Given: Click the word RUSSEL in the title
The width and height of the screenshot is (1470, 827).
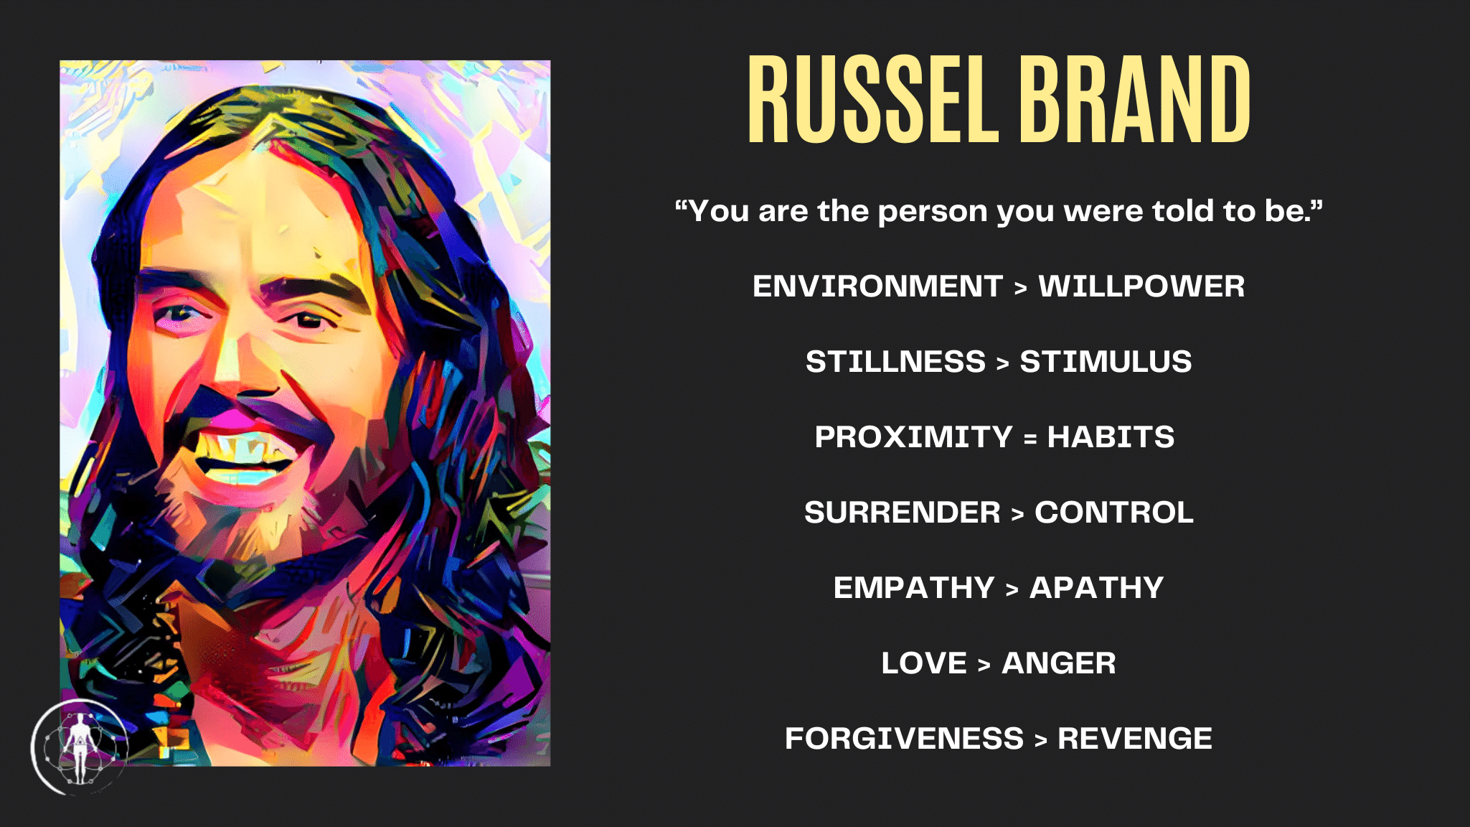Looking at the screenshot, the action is [x=873, y=100].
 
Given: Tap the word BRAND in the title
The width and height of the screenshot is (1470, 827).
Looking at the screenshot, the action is [x=1135, y=100].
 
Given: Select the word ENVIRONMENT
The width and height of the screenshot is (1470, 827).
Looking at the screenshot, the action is [x=877, y=286].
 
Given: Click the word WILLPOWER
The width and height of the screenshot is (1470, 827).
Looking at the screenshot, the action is [x=1141, y=286].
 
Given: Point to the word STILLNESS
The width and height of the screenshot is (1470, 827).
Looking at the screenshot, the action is [x=895, y=362].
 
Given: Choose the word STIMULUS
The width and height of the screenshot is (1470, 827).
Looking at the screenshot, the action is [x=1106, y=362].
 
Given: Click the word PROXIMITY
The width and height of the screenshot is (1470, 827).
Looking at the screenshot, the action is [x=913, y=437].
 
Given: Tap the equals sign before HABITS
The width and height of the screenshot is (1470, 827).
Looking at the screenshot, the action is [x=1030, y=439].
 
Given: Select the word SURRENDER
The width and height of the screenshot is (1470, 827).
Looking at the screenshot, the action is [x=902, y=513].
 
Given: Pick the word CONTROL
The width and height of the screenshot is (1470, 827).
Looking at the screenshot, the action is [x=1114, y=513].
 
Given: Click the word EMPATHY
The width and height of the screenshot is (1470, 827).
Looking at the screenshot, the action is [x=913, y=588].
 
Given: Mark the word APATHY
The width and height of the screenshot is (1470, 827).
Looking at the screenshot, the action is [x=1096, y=588].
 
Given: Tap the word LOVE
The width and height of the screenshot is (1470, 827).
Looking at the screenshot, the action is [x=924, y=663].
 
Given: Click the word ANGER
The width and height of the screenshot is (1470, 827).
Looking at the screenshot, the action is [x=1059, y=663].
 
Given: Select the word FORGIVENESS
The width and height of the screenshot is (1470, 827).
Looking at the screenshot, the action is [x=904, y=739].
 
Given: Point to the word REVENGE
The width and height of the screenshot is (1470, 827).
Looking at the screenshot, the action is [x=1135, y=739].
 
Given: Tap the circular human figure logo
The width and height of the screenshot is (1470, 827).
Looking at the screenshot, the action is [x=79, y=747].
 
